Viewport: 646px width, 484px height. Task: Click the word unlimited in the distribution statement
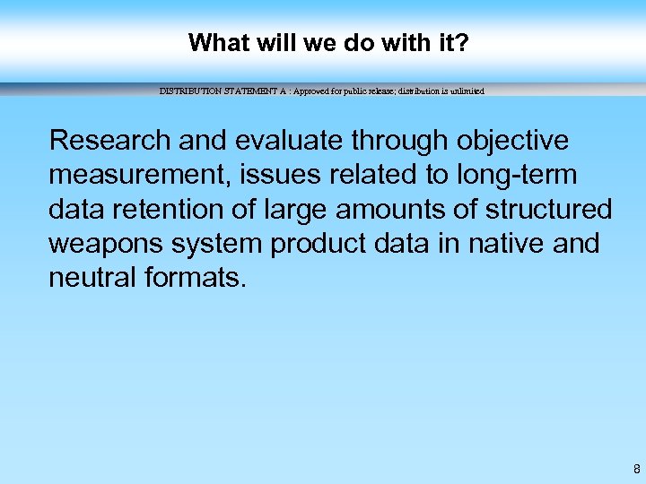pos(466,91)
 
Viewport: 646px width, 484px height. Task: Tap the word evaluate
pos(290,141)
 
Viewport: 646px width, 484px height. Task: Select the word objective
pos(512,141)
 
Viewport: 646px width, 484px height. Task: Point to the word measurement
pos(138,175)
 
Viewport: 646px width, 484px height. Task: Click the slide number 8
pos(636,469)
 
